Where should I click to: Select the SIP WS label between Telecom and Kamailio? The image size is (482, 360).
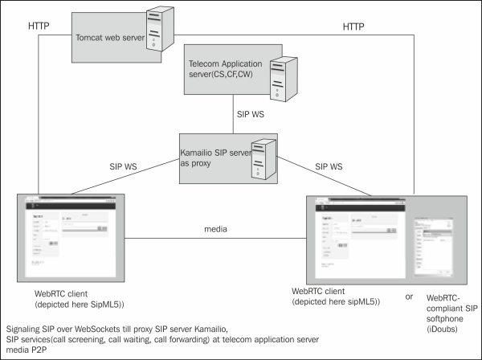pos(253,114)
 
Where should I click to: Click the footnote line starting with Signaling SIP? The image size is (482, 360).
pos(117,330)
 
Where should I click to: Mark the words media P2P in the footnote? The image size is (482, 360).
pos(27,351)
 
